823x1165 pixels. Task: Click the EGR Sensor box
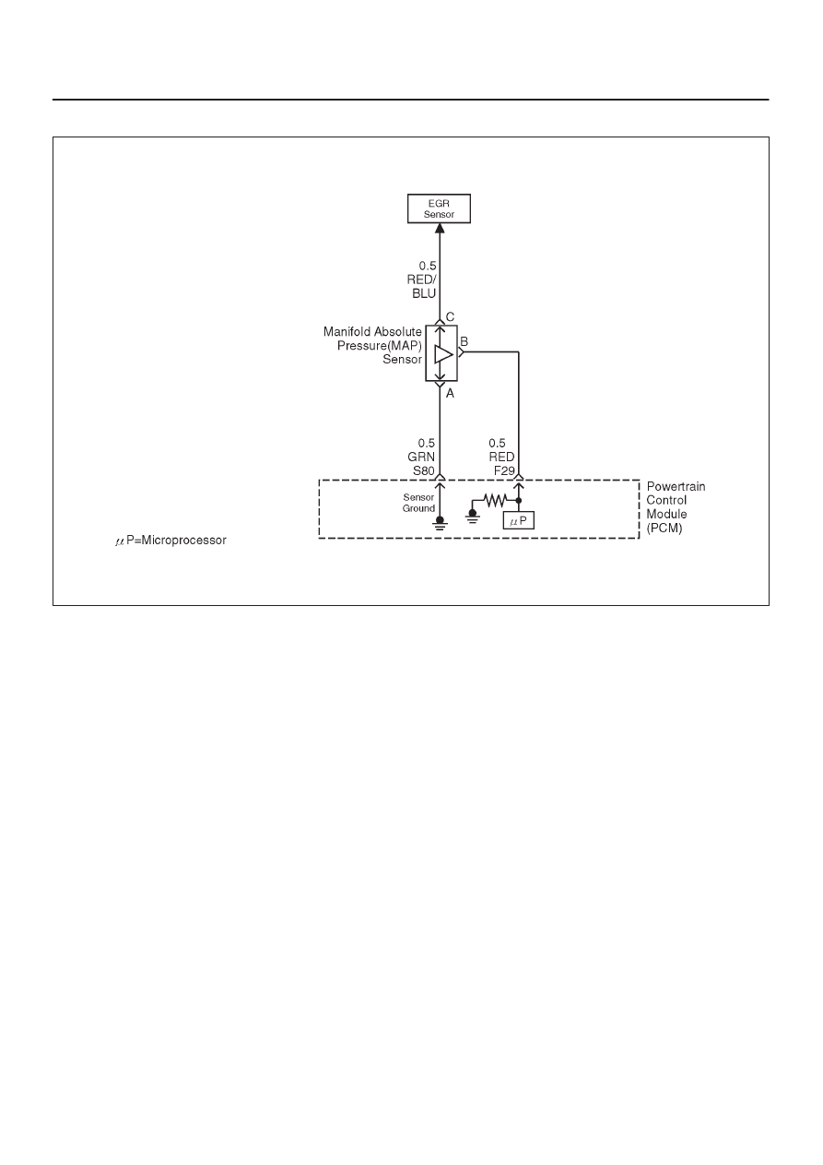point(439,208)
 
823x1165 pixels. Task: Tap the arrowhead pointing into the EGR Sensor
point(440,228)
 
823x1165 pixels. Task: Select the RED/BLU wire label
point(422,287)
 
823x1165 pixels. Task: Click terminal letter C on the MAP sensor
point(450,316)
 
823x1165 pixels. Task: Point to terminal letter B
point(464,341)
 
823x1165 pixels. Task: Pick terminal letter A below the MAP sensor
point(450,394)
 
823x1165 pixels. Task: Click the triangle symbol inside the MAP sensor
point(443,353)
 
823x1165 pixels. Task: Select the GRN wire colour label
point(421,457)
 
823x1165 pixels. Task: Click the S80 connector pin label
point(423,470)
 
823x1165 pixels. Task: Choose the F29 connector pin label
point(504,470)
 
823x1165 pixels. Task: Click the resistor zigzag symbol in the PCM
point(495,500)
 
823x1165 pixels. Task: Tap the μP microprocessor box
point(519,520)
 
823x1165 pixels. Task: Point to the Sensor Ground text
point(418,503)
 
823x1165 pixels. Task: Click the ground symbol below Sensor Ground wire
point(441,523)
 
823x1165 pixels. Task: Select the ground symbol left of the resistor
point(472,517)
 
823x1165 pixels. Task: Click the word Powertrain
point(676,487)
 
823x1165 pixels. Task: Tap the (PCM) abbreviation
point(664,529)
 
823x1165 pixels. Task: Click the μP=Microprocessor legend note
point(170,541)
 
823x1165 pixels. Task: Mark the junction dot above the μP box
point(519,500)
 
